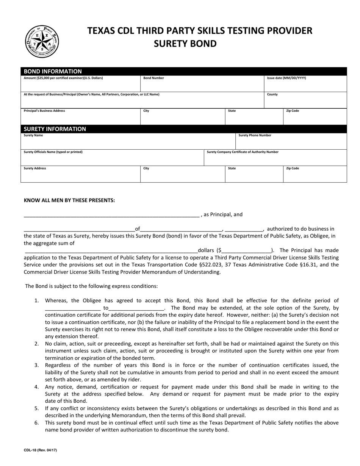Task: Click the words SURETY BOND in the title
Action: [x=185, y=44]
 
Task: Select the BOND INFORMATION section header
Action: [x=53, y=71]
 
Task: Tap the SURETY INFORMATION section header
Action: [x=55, y=129]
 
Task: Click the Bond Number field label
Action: [x=153, y=78]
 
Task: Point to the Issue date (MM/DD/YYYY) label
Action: [x=286, y=78]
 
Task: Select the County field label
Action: [x=272, y=94]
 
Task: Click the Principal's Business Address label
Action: [x=44, y=111]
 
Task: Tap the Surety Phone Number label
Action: [x=255, y=135]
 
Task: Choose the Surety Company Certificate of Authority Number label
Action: [x=243, y=152]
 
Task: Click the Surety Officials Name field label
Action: [x=53, y=152]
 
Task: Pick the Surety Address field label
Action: [x=35, y=168]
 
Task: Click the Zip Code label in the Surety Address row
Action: [x=292, y=168]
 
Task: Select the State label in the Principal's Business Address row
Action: [x=232, y=111]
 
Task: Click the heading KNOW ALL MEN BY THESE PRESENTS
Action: [x=69, y=200]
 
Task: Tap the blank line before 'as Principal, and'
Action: [x=111, y=215]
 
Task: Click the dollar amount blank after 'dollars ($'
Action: [x=246, y=250]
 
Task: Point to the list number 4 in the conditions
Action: [x=36, y=387]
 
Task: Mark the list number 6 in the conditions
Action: [x=36, y=422]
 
